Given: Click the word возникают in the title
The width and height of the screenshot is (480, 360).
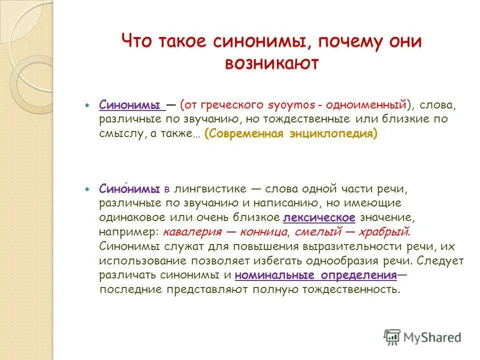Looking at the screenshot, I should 271,63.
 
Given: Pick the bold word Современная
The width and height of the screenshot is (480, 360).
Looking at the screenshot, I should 245,134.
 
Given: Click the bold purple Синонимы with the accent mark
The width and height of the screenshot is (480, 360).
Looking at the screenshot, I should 129,189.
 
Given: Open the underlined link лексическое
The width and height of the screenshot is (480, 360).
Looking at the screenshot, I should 319,217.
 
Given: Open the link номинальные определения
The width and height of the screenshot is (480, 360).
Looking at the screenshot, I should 315,275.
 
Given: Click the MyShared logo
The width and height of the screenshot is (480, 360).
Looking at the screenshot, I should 422,336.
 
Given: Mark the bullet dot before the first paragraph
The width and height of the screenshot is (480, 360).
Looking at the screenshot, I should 87,106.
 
